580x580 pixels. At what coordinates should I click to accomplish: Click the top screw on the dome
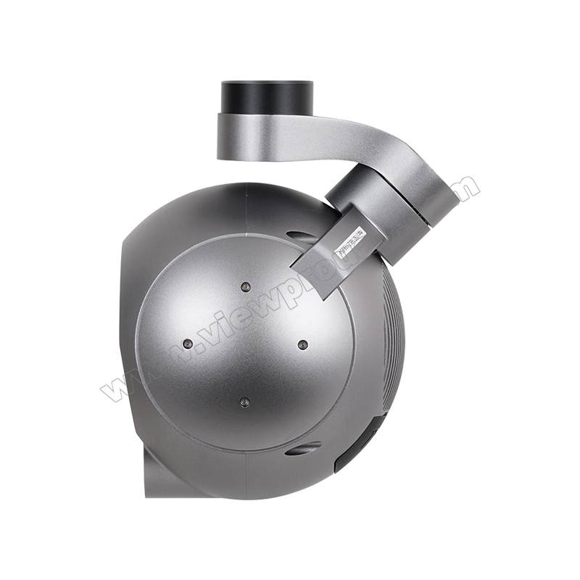(x=245, y=286)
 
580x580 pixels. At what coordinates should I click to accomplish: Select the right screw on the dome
(x=303, y=344)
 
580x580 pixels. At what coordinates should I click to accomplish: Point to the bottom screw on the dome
(x=245, y=401)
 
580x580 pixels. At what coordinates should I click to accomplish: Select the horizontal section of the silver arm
(x=304, y=138)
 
